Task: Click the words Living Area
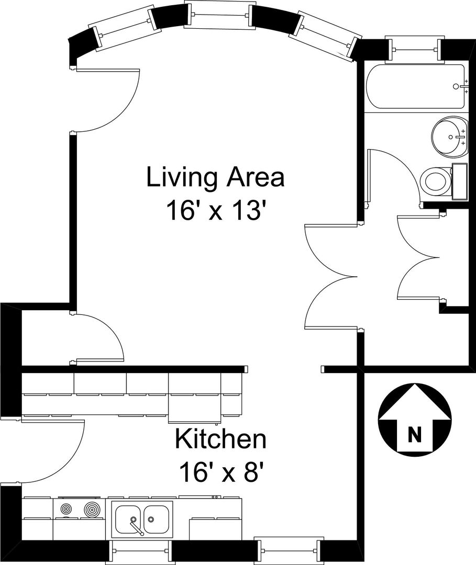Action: coord(215,177)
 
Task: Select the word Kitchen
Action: coord(220,439)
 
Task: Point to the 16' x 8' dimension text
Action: coord(220,472)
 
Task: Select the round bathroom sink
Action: coord(450,137)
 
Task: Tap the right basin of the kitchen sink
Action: coord(156,519)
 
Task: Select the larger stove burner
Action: coord(92,510)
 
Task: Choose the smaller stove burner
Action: coord(66,510)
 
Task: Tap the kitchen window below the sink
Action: coord(140,550)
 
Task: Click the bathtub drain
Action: coord(456,86)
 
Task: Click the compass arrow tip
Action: coord(415,383)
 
